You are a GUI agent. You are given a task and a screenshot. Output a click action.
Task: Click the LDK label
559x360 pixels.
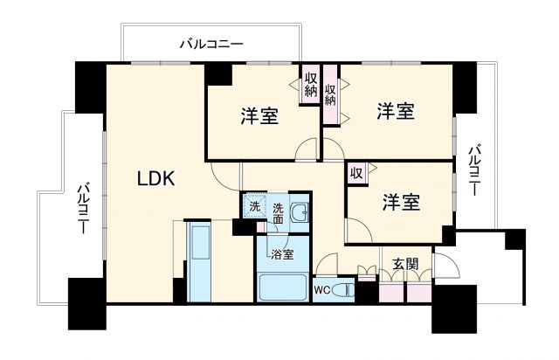[x=156, y=179]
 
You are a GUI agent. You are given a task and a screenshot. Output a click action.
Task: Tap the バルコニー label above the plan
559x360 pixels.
[x=210, y=42]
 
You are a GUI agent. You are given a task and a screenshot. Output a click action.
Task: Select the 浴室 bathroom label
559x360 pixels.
[x=281, y=254]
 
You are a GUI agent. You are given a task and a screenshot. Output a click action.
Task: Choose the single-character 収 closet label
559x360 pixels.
[x=356, y=172]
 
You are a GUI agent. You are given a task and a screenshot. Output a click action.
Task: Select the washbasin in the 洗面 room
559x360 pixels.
[x=300, y=211]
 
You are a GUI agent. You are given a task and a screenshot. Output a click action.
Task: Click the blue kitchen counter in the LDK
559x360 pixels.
[x=200, y=262]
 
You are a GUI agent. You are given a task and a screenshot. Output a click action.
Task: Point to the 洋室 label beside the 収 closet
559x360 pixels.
[x=401, y=203]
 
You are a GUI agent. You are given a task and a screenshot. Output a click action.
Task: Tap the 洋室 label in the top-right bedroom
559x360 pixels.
[x=396, y=111]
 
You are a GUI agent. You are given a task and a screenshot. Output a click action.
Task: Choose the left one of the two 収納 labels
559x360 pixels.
[x=310, y=86]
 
